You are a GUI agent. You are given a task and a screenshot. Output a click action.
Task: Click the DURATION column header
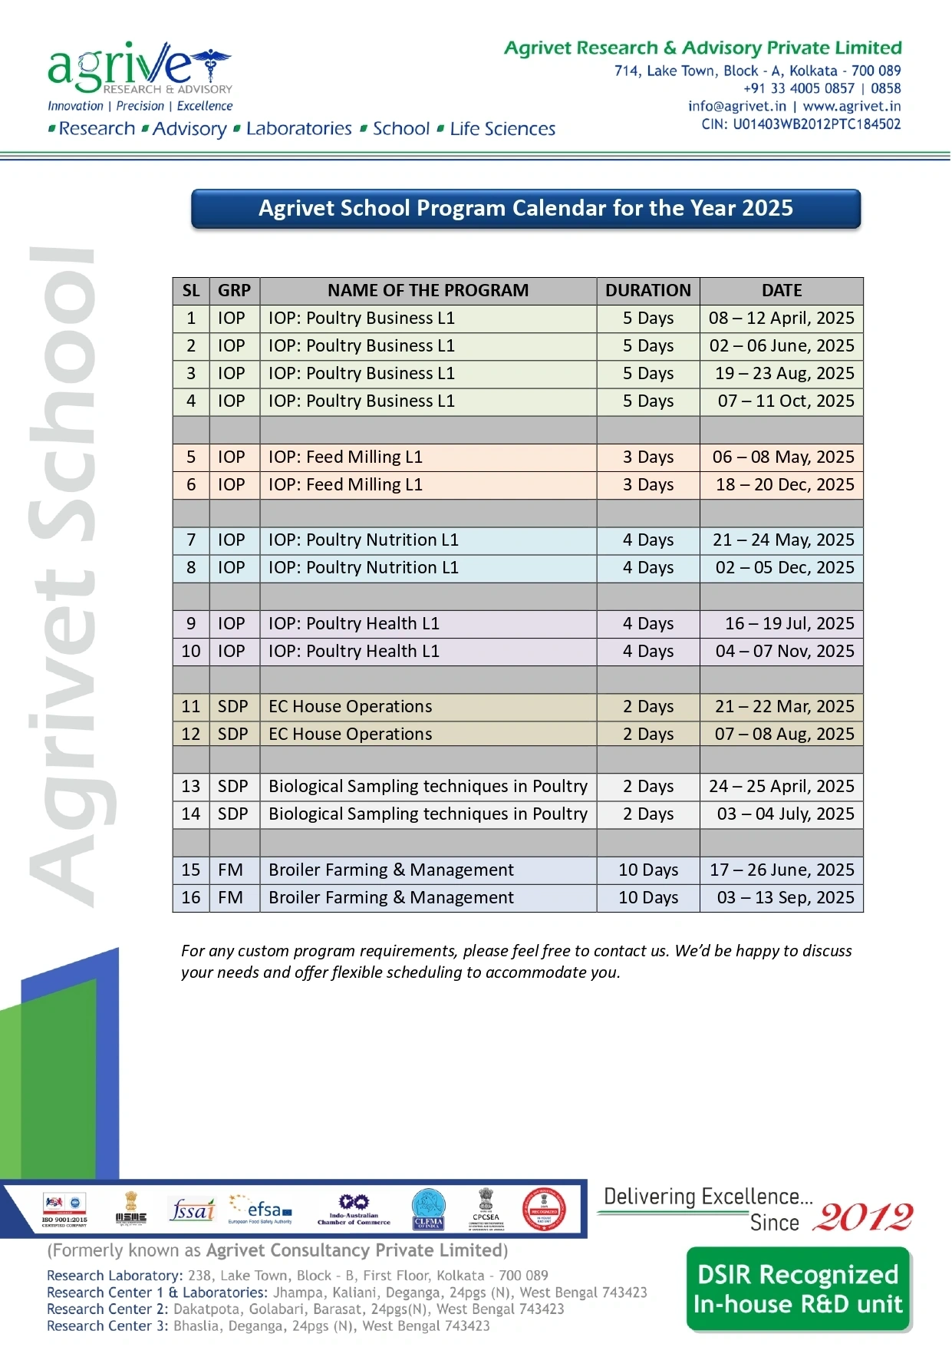[647, 291]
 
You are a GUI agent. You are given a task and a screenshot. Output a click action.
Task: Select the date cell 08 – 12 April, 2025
[781, 319]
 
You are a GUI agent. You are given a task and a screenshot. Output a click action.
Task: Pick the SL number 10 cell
[191, 652]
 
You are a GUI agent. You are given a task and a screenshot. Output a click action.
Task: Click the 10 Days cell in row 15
[648, 870]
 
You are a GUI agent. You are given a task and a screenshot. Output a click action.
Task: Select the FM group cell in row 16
[230, 898]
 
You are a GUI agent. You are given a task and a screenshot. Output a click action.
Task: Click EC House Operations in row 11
[351, 707]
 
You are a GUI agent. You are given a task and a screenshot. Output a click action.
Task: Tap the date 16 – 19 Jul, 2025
[789, 624]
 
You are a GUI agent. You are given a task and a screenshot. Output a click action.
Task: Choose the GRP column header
[234, 291]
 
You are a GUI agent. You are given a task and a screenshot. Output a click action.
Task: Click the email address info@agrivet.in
[736, 107]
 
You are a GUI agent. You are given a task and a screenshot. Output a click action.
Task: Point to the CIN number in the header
[801, 124]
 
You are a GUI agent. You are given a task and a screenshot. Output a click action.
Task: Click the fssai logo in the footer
[192, 1211]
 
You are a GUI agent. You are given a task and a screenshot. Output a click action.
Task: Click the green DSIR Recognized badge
[798, 1289]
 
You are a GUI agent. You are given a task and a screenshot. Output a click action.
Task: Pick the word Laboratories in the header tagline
[298, 129]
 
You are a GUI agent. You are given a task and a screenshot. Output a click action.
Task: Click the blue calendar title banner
[525, 209]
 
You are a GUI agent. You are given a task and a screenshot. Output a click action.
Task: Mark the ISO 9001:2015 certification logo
[64, 1210]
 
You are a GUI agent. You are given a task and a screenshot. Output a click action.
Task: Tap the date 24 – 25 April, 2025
[781, 787]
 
